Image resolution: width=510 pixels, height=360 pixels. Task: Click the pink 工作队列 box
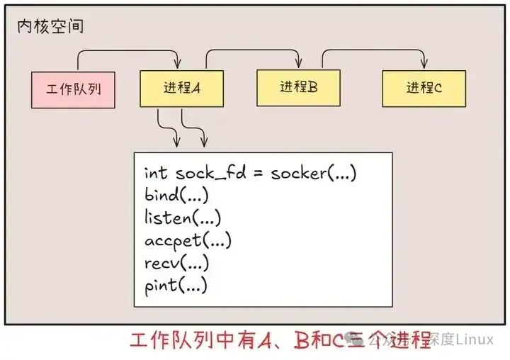73,89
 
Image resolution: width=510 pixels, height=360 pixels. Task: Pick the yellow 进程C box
424,88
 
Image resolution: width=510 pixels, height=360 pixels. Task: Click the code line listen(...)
183,218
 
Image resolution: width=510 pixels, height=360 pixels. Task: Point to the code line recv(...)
176,263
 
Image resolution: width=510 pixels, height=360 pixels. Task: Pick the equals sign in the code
255,173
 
